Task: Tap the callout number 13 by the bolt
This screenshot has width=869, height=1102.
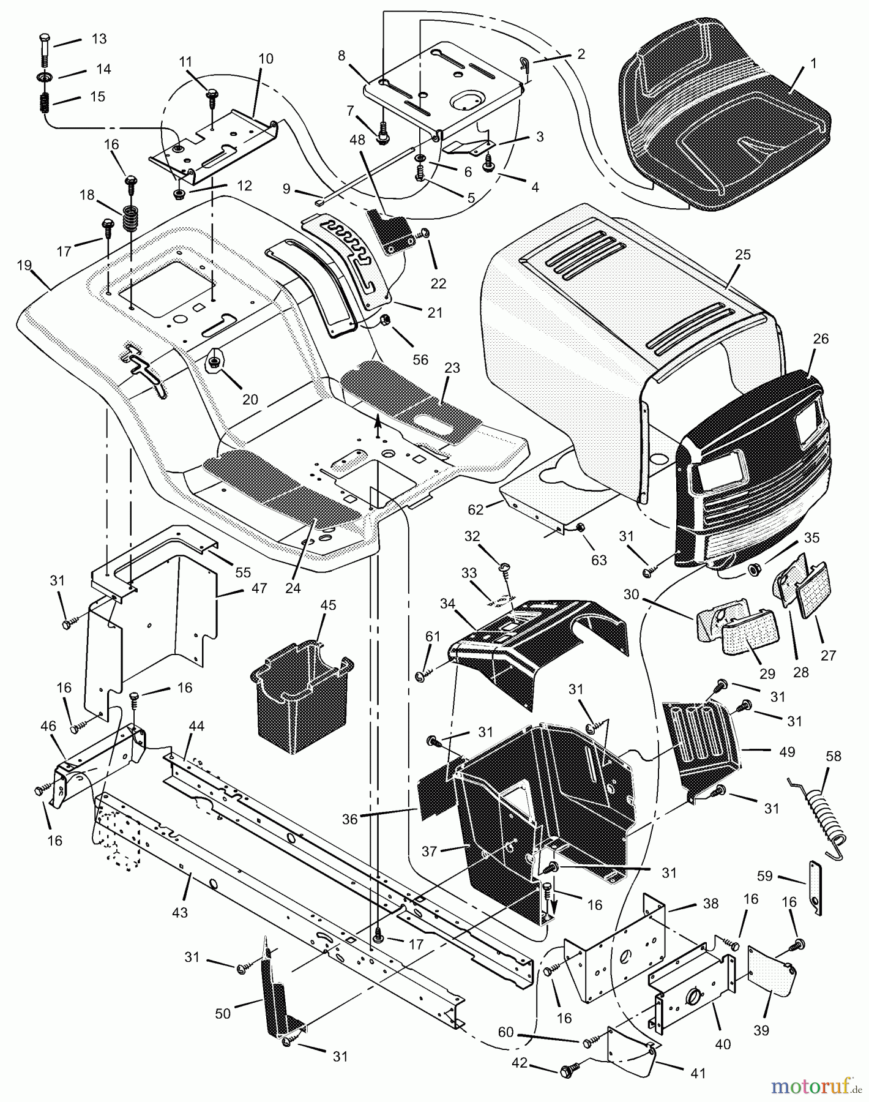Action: pyautogui.click(x=99, y=39)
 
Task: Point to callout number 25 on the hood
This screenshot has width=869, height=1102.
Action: pyautogui.click(x=742, y=255)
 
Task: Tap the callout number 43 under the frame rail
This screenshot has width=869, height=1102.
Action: pyautogui.click(x=179, y=912)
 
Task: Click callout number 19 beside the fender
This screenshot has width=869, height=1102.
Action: pyautogui.click(x=24, y=265)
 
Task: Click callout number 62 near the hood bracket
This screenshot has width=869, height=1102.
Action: pyautogui.click(x=476, y=509)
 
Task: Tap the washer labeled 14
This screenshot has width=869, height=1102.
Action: pyautogui.click(x=47, y=78)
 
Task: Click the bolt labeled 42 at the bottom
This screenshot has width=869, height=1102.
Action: pyautogui.click(x=567, y=1071)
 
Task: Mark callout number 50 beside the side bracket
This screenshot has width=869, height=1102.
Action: pyautogui.click(x=223, y=1013)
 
